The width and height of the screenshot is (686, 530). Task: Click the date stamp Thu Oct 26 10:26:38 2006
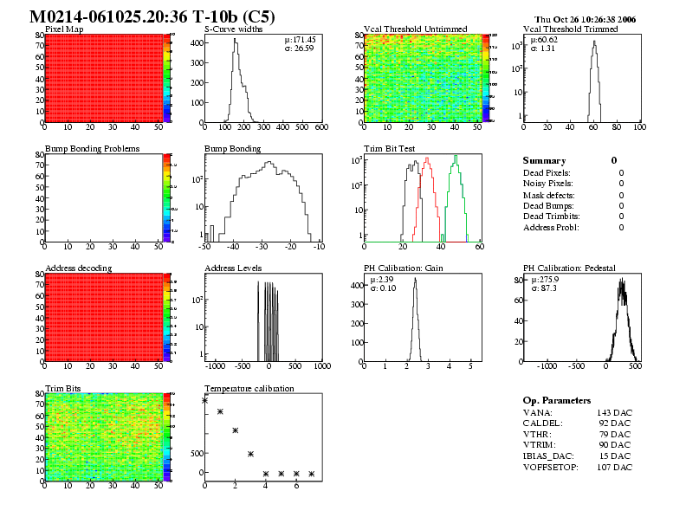tap(586, 18)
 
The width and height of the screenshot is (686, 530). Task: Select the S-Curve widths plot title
tap(234, 29)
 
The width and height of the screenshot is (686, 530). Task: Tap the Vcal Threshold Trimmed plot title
tap(571, 29)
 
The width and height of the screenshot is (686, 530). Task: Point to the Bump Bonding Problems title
tap(92, 148)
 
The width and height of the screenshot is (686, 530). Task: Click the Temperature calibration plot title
tap(249, 388)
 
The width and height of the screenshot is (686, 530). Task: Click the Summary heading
tap(544, 160)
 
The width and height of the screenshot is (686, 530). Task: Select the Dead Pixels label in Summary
tap(547, 173)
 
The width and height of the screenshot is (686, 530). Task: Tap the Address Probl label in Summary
tap(551, 227)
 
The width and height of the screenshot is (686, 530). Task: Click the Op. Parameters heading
tap(557, 400)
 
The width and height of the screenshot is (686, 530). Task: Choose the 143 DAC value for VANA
tap(614, 413)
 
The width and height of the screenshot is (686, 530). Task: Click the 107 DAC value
tap(614, 467)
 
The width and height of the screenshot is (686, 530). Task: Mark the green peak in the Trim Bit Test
tap(455, 158)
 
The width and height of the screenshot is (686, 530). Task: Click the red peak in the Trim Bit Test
tap(425, 166)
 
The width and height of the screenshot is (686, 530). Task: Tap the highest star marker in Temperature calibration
tap(205, 400)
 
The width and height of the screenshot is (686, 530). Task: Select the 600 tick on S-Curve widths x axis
tap(320, 127)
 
